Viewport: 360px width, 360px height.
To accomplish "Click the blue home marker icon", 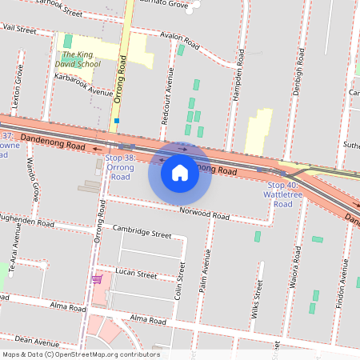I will click(x=180, y=172).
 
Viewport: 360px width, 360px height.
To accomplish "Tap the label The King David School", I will click(x=77, y=59).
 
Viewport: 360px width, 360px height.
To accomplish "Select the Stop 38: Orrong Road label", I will click(x=120, y=167).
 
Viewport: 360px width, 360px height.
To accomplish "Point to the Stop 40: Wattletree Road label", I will click(x=282, y=194).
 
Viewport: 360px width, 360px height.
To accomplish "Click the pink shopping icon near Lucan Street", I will click(x=97, y=279).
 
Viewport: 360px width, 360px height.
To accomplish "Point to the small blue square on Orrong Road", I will click(x=117, y=121).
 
